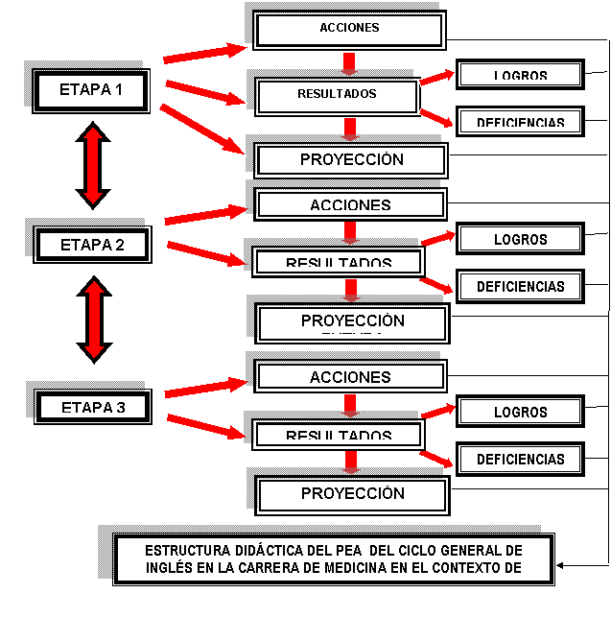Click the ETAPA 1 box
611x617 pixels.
(x=91, y=91)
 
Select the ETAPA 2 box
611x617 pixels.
(x=92, y=245)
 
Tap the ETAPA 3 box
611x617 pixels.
(x=92, y=407)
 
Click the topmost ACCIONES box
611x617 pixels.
(x=349, y=30)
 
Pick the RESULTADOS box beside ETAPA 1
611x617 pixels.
(x=337, y=96)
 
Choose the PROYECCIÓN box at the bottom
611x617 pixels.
(x=352, y=494)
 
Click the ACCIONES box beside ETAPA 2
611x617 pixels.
(x=350, y=204)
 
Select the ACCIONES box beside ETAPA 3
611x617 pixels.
(x=350, y=377)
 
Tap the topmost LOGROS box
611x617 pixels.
(x=520, y=75)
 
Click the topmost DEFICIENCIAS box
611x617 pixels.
(x=520, y=121)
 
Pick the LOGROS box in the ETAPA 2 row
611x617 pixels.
(x=520, y=239)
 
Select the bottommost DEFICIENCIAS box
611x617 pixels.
(x=520, y=459)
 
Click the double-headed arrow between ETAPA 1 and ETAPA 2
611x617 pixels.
(x=93, y=165)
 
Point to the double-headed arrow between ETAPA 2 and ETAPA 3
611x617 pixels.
(x=94, y=320)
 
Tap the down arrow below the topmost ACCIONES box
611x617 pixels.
(x=350, y=63)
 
